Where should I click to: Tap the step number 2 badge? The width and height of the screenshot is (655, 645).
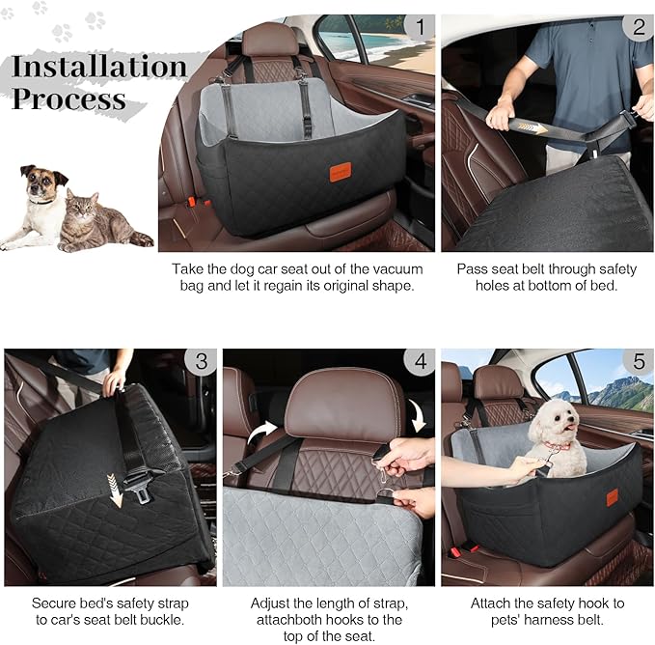(x=638, y=26)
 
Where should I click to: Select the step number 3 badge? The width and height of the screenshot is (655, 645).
(x=201, y=362)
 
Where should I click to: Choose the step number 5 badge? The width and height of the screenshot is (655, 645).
(x=638, y=362)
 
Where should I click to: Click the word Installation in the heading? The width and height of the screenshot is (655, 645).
(x=99, y=67)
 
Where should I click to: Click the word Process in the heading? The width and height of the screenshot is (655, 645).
(x=69, y=98)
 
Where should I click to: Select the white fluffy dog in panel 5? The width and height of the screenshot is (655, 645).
(x=559, y=436)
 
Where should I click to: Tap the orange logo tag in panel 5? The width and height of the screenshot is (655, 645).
(x=612, y=496)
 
